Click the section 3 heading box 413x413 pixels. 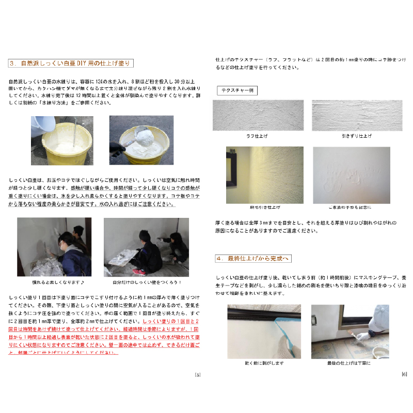coord(72,63)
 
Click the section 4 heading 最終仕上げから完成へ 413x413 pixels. coord(253,258)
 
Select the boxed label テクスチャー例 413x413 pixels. coord(237,90)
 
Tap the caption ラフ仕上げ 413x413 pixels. coord(258,136)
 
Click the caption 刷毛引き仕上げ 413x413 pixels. coord(258,208)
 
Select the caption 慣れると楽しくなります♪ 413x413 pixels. coord(54,282)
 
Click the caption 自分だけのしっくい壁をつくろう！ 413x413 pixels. coord(140,282)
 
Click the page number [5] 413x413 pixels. coord(198,375)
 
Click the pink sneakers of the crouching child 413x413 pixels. coord(138,272)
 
